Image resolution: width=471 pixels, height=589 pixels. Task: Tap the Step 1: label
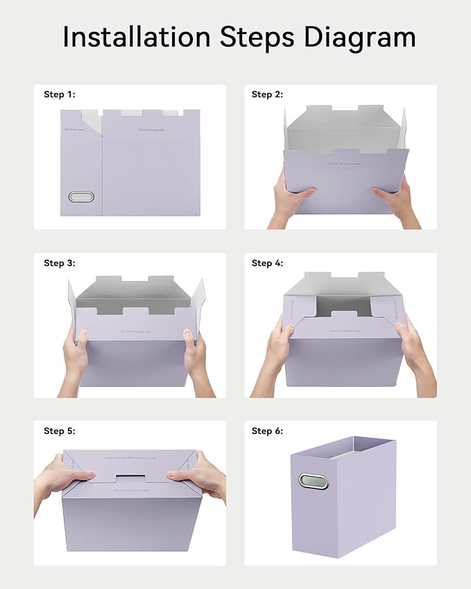coord(60,94)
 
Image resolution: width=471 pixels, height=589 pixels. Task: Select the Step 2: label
coord(267,94)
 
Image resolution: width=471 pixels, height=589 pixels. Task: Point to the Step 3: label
coord(60,263)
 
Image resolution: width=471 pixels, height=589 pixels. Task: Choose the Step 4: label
coord(267,263)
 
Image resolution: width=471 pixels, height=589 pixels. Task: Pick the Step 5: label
coord(60,431)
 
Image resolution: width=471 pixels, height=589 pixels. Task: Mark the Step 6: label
coord(267,431)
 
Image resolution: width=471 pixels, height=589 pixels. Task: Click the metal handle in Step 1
coord(81,197)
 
